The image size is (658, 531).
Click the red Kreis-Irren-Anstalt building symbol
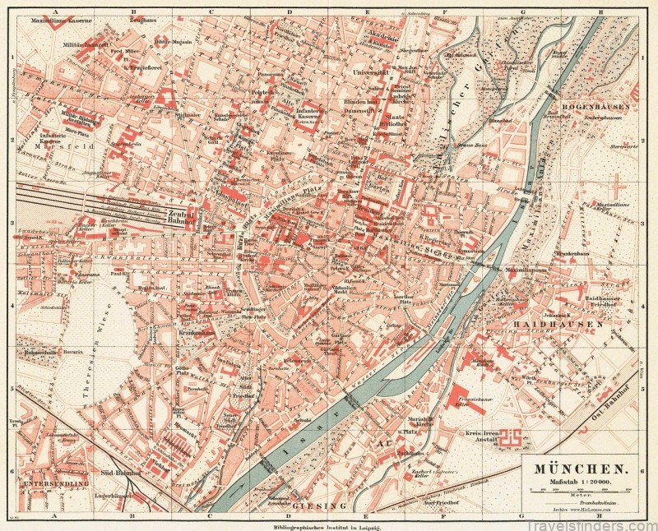point(513,438)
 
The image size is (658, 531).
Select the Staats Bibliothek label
point(395,121)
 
